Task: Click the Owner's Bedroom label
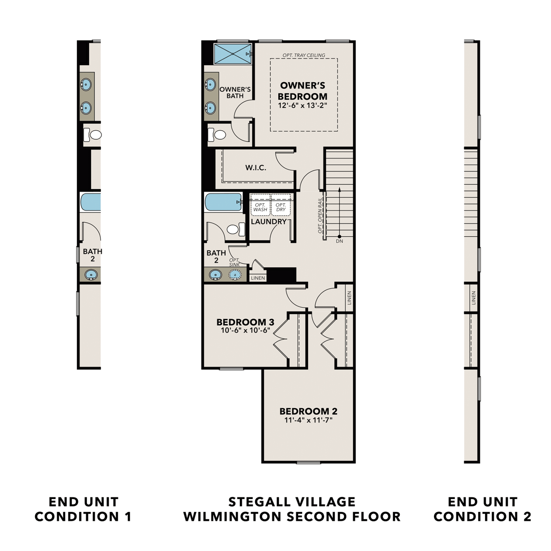pos(302,91)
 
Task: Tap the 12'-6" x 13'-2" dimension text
pos(302,106)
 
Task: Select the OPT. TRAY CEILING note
pos(304,55)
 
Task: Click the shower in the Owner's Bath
pos(233,54)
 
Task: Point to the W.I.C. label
pos(256,168)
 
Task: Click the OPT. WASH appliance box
pos(260,205)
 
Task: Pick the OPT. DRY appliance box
pos(281,205)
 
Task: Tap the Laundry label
pos(269,222)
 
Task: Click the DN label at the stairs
pos(339,241)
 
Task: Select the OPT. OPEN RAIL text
pos(320,216)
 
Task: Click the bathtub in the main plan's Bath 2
pos(223,202)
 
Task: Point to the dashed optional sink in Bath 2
pos(235,275)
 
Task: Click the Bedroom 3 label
pos(245,322)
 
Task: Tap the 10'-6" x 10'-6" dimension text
pos(245,331)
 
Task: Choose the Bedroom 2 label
pos(308,411)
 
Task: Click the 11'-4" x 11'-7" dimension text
pos(308,420)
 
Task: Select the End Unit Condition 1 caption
pos(83,509)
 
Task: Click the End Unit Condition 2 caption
pos(482,509)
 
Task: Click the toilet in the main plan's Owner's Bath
pos(217,134)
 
